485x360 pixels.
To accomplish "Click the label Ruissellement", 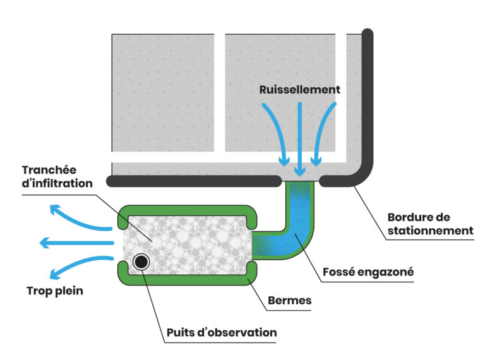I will click(x=299, y=90).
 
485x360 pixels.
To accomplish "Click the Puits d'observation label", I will click(x=221, y=332).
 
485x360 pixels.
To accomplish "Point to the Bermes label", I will click(x=289, y=301).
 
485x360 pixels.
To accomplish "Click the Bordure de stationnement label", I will click(x=429, y=224).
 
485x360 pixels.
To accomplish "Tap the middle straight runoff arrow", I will click(x=299, y=136).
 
